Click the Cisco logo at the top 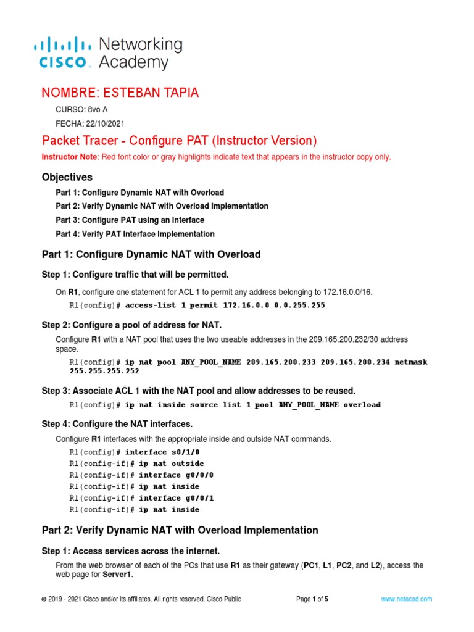tap(62, 53)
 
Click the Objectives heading tap(67, 177)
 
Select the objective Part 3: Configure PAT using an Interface tap(130, 220)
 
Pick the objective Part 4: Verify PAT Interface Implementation tap(135, 234)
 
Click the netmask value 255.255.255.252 tap(104, 371)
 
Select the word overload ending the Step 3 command tap(362, 405)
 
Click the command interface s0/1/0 tap(162, 452)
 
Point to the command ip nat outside tap(171, 464)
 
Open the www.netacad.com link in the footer tap(406, 599)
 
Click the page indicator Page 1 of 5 tap(312, 599)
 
